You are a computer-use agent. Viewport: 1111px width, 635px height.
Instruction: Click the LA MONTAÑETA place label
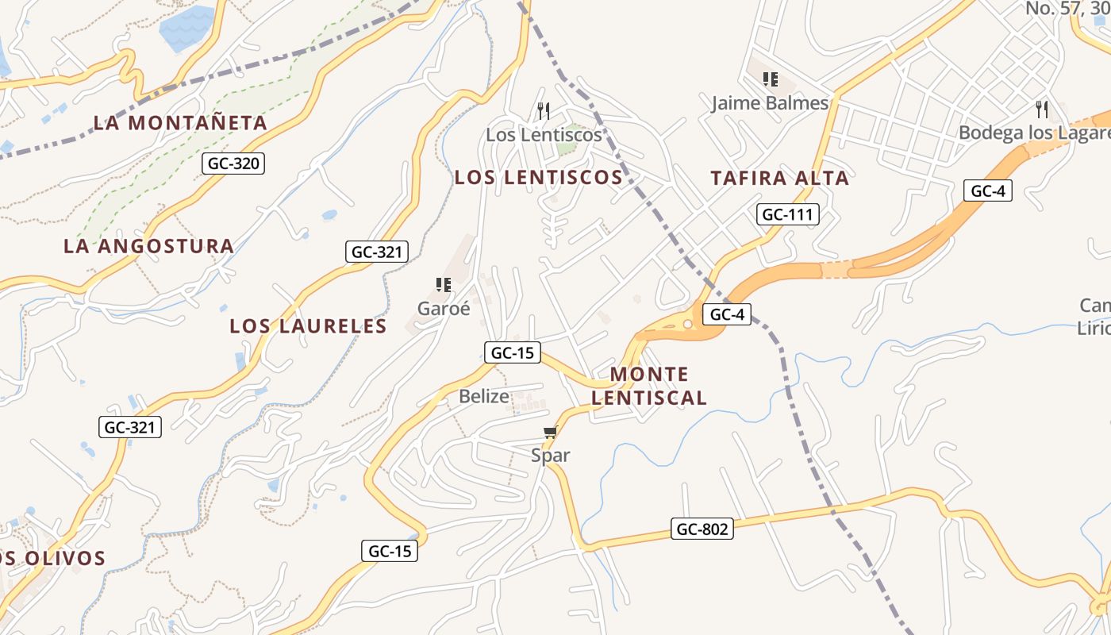pos(180,123)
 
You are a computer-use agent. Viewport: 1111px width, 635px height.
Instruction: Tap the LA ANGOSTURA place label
pos(148,246)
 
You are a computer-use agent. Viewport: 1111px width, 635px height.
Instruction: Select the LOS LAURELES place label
pos(308,326)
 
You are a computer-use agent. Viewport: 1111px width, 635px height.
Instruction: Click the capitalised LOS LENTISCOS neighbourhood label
pos(538,178)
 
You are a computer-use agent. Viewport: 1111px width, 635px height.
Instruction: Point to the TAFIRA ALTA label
pos(779,178)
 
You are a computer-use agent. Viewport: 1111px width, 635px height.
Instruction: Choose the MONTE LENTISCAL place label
pos(649,386)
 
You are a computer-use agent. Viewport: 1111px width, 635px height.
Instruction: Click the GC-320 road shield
pos(233,164)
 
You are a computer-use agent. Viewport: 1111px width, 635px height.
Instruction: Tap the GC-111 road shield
pos(788,214)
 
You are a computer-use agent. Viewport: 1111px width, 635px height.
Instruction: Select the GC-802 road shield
pos(702,529)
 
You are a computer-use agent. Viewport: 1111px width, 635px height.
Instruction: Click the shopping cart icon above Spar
pos(551,433)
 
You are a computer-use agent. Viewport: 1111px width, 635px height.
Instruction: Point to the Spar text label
pos(551,456)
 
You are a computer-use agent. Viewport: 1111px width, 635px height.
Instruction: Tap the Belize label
pos(483,396)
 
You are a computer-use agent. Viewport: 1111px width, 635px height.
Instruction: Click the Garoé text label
pos(444,309)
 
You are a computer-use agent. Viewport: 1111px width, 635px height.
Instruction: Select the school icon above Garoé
pos(444,285)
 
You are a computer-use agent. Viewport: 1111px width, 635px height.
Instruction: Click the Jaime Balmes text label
pos(770,103)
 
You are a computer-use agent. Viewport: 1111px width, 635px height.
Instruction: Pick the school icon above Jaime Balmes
pos(770,79)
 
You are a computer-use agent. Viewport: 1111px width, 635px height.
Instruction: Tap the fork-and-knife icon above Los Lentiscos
pos(544,110)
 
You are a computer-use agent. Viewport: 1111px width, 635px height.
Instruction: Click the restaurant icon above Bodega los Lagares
pos(1042,109)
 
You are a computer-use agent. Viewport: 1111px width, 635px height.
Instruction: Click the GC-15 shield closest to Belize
pos(513,353)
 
